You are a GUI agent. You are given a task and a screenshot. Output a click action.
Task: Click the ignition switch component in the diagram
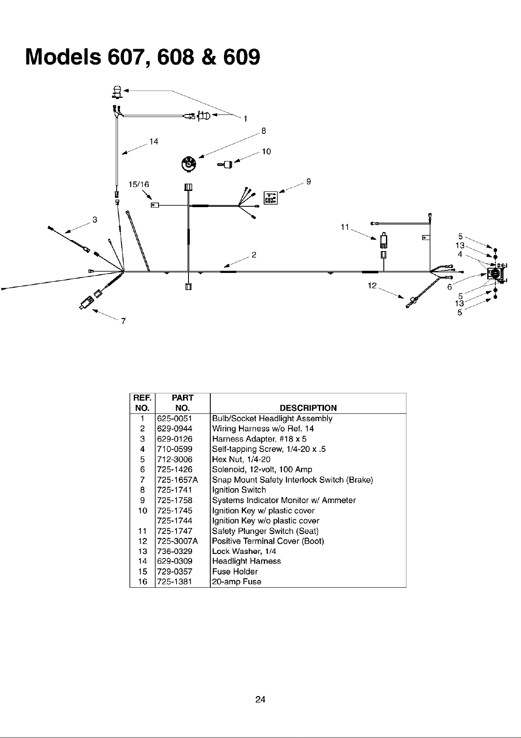188,163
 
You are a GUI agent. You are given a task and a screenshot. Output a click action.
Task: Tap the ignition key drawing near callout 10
225,164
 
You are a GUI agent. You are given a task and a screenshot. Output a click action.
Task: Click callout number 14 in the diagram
154,141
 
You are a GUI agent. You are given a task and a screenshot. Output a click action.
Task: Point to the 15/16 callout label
139,184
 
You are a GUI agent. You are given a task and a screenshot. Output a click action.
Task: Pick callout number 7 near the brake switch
124,322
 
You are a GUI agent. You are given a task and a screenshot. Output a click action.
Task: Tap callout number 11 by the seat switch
345,227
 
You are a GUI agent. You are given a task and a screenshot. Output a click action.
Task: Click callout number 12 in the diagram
372,285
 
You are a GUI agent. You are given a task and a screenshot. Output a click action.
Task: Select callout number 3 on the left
95,220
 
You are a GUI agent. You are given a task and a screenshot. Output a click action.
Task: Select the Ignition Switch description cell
239,490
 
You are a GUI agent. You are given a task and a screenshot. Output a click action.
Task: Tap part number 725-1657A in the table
177,480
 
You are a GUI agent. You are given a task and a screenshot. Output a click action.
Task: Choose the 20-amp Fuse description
236,582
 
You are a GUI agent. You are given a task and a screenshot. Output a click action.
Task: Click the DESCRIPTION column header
308,408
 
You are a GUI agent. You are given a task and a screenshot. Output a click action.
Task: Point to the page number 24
260,700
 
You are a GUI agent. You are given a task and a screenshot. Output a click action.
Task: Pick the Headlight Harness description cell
246,562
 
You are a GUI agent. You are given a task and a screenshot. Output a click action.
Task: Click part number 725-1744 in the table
175,521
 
